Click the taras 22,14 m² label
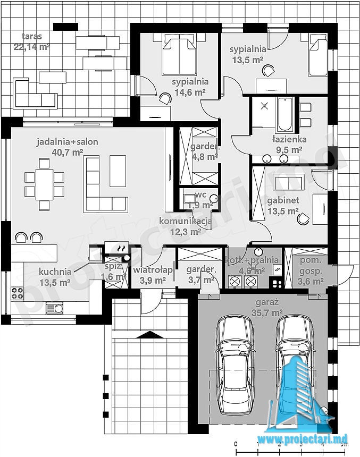click(x=31, y=41)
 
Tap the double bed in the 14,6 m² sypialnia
click(x=179, y=54)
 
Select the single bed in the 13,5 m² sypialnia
click(x=317, y=55)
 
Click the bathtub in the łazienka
click(x=284, y=115)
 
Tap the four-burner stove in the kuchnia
click(x=18, y=293)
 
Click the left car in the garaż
click(x=235, y=366)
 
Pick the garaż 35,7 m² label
click(x=266, y=308)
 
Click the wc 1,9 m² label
click(x=199, y=200)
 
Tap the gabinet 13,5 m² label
click(x=283, y=206)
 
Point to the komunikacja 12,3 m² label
click(x=186, y=226)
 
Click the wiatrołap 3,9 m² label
click(x=153, y=275)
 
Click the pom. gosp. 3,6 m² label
click(x=311, y=270)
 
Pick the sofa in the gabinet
click(x=289, y=182)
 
